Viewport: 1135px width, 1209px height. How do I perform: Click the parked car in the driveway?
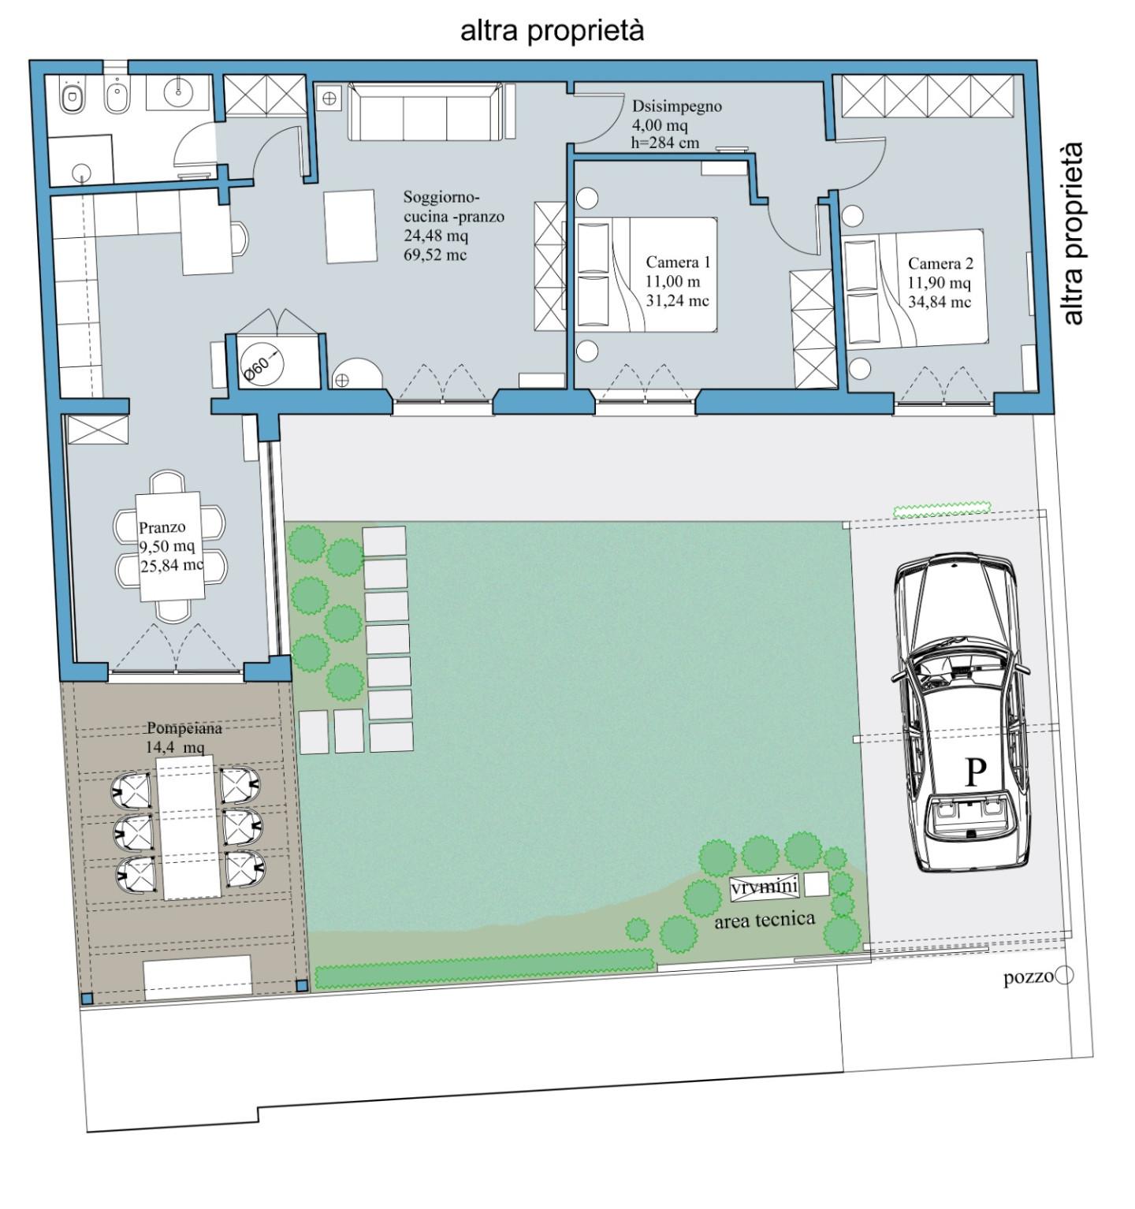coord(962,713)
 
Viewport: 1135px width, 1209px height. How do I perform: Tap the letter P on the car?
coord(976,772)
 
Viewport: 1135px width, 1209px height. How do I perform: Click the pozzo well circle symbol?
coord(1064,976)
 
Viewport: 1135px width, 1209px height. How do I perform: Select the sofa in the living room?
coord(425,111)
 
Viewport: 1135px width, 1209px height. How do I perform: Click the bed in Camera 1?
coord(646,274)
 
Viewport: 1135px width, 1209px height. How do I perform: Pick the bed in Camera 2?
coord(914,288)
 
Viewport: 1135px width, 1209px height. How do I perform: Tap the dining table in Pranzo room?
coord(169,546)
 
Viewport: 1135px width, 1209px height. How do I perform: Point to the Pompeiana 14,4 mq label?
coord(183,737)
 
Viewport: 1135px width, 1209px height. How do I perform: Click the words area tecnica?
coord(764,920)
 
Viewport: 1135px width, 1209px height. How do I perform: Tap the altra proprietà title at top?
coord(553,31)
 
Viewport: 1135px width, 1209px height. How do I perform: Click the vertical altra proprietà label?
coord(1073,233)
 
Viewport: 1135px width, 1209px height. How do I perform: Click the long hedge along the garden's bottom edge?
coord(485,969)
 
